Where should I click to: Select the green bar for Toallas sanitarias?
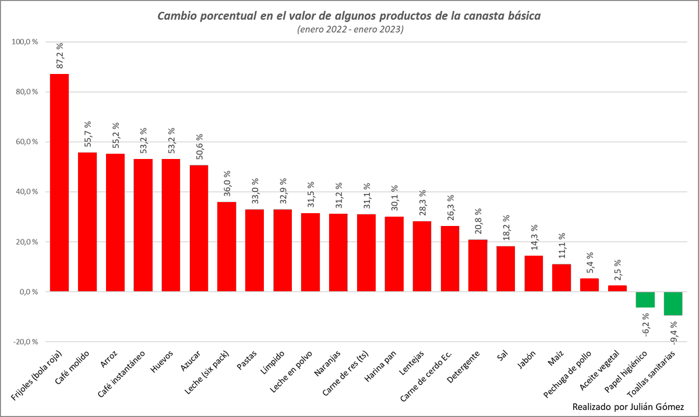pyautogui.click(x=673, y=303)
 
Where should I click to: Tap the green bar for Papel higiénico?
pyautogui.click(x=645, y=299)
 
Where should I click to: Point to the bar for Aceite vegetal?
pyautogui.click(x=617, y=288)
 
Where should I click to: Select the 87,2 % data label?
pyautogui.click(x=59, y=56)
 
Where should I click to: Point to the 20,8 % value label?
pyautogui.click(x=478, y=221)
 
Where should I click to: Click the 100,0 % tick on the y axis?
pyautogui.click(x=24, y=42)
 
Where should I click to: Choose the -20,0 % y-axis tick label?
pyautogui.click(x=24, y=342)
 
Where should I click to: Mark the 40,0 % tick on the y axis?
pyautogui.click(x=24, y=192)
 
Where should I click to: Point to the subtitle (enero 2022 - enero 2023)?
pyautogui.click(x=349, y=29)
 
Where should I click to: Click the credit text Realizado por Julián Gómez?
pyautogui.click(x=628, y=406)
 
